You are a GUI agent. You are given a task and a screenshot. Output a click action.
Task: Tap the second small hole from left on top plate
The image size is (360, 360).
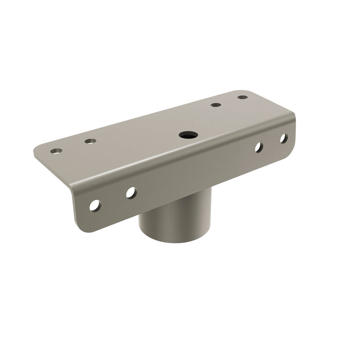[x=91, y=140]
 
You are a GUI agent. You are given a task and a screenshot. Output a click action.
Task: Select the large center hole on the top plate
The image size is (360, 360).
[x=186, y=135]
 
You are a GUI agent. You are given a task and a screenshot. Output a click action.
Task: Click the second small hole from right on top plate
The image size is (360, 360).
[x=216, y=105]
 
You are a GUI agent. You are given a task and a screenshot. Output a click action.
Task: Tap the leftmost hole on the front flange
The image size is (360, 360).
[x=95, y=205]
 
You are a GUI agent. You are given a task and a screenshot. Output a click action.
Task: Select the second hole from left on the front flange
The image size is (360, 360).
[x=131, y=192]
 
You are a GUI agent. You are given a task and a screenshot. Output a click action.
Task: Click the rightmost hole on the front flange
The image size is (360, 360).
[x=283, y=138]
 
